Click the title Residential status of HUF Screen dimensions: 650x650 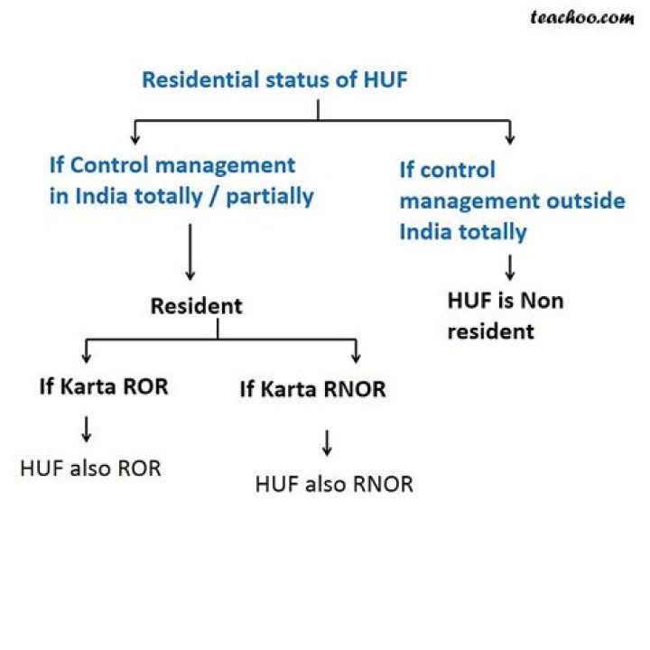point(274,79)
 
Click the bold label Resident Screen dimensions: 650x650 point(196,306)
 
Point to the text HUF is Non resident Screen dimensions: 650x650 point(505,315)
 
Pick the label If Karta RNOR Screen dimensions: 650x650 point(312,390)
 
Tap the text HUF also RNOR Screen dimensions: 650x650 point(334,484)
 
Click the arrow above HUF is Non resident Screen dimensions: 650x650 point(510,267)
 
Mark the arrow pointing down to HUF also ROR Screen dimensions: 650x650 point(87,428)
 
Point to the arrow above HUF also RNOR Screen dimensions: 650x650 point(328,441)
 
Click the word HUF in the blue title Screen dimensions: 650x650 point(385,79)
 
